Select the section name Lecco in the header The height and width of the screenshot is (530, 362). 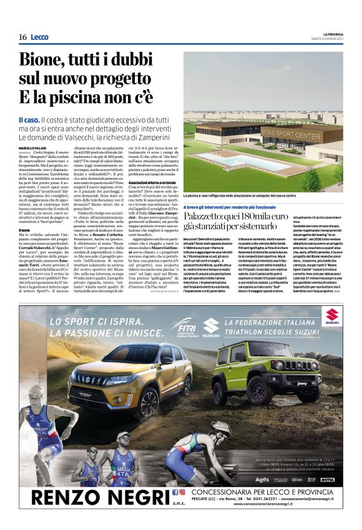pos(39,37)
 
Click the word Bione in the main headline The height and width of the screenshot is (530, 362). pos(46,61)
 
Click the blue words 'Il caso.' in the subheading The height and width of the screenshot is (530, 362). pos(29,119)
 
